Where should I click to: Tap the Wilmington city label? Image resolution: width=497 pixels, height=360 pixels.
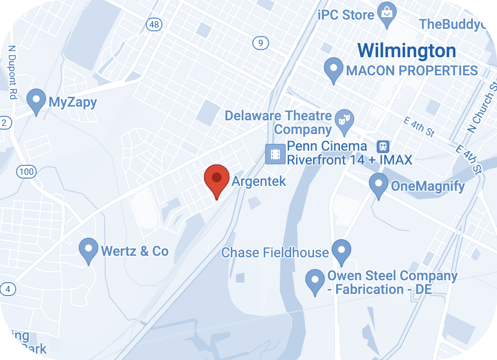(407, 50)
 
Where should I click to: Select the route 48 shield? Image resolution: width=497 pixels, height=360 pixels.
(155, 24)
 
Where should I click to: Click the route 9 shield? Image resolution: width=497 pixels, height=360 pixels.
(261, 44)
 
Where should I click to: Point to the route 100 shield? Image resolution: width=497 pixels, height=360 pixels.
(25, 171)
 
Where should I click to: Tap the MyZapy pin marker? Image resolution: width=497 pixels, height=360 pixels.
(36, 100)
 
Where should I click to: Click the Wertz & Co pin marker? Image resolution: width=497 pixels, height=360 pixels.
(89, 249)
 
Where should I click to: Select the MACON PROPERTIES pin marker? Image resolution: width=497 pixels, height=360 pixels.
(334, 69)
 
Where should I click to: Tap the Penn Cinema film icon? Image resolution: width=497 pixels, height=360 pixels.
(275, 154)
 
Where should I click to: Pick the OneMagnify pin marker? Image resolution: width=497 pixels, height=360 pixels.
(378, 184)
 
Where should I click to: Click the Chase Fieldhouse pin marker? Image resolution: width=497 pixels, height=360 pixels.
(341, 250)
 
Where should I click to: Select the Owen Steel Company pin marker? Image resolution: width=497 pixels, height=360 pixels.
(315, 281)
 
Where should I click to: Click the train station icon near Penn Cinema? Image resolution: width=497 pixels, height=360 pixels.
(383, 146)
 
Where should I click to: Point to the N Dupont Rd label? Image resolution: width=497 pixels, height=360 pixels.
(12, 72)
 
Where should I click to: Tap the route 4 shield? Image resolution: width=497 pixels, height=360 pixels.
(7, 289)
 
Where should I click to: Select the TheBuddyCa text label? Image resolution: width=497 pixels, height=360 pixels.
(457, 23)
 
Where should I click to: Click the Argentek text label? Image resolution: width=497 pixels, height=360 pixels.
(258, 181)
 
